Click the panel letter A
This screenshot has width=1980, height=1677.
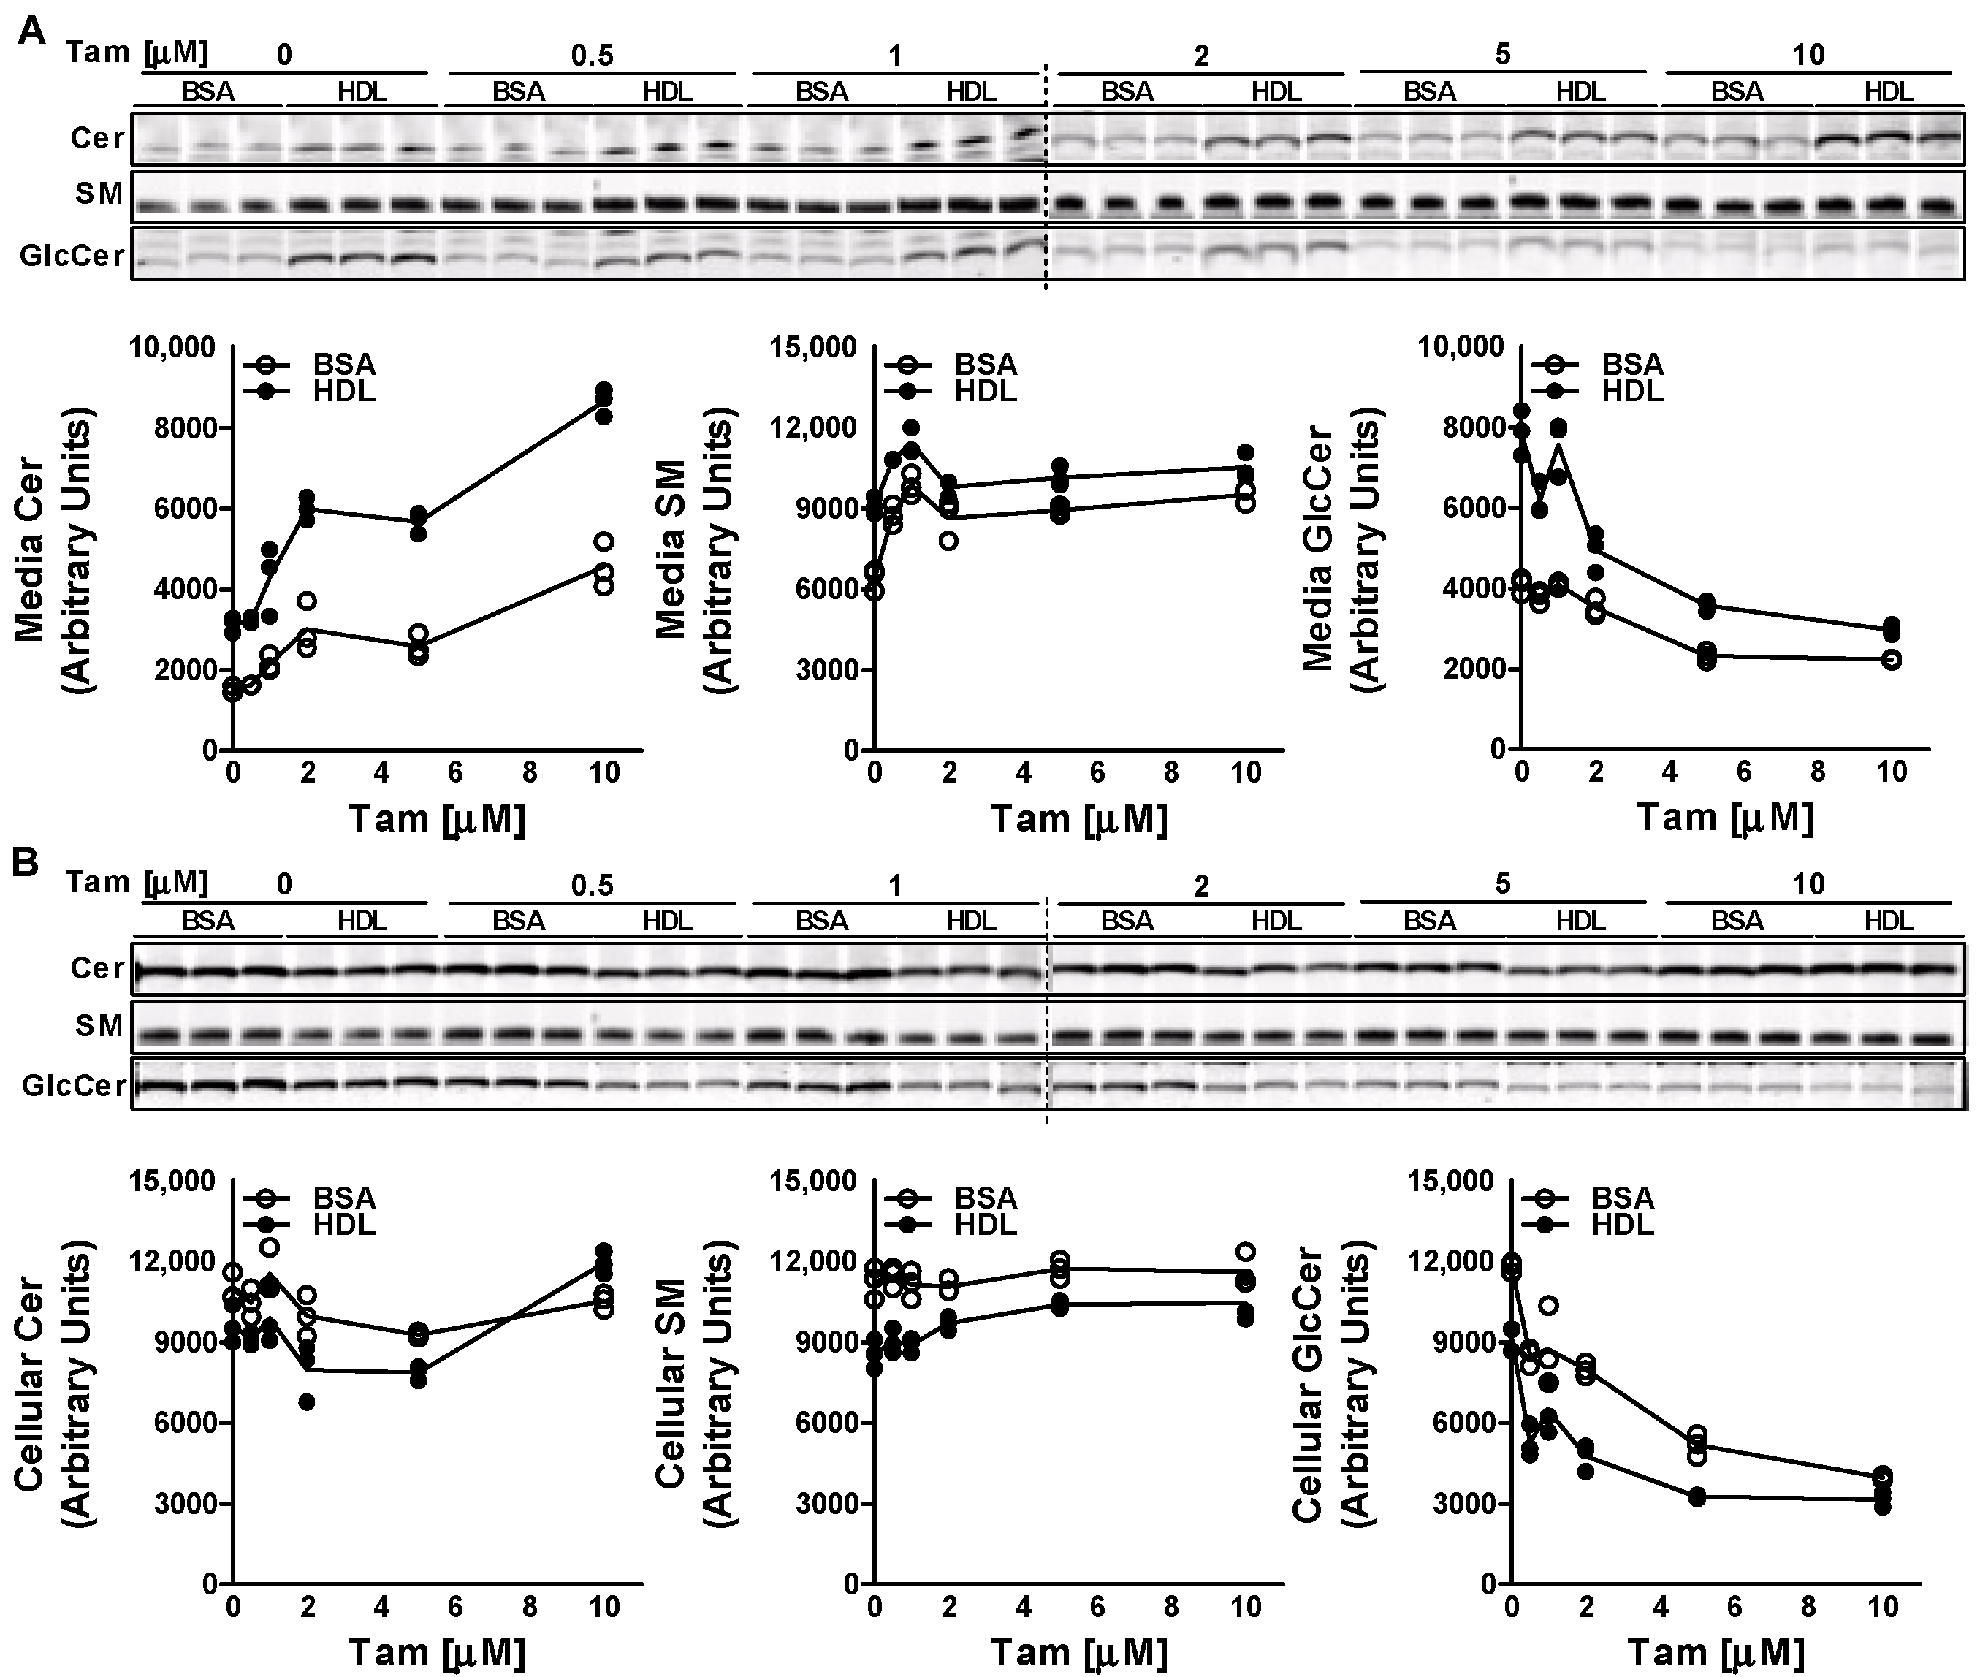[x=31, y=31]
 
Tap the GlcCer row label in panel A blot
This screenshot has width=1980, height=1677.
[x=73, y=256]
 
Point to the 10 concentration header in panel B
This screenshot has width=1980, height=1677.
[x=1808, y=884]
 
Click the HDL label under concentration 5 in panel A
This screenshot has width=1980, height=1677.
[x=1580, y=92]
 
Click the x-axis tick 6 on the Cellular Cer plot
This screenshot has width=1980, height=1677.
[x=455, y=1607]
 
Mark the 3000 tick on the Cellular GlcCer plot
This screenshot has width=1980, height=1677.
[x=1463, y=1504]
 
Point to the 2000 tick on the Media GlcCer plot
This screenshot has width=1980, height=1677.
[x=1474, y=669]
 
